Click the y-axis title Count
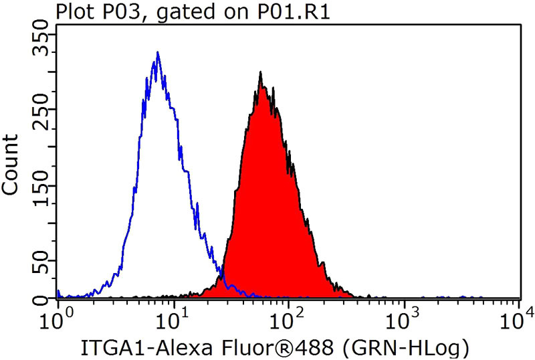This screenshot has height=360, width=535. point(11,164)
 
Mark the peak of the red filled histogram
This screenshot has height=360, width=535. point(260,73)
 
